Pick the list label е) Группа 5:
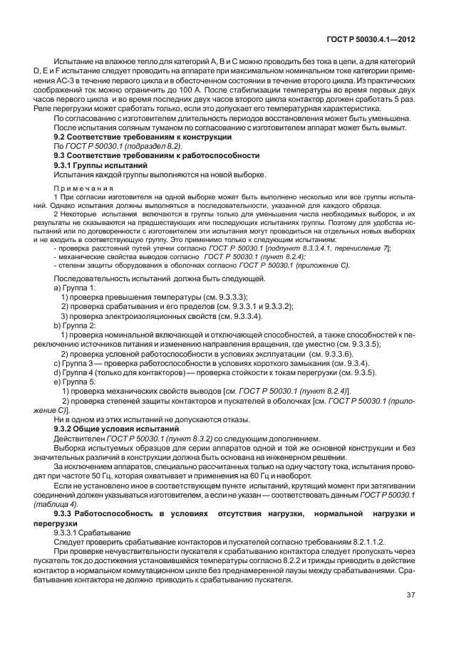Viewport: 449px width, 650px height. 74,382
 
